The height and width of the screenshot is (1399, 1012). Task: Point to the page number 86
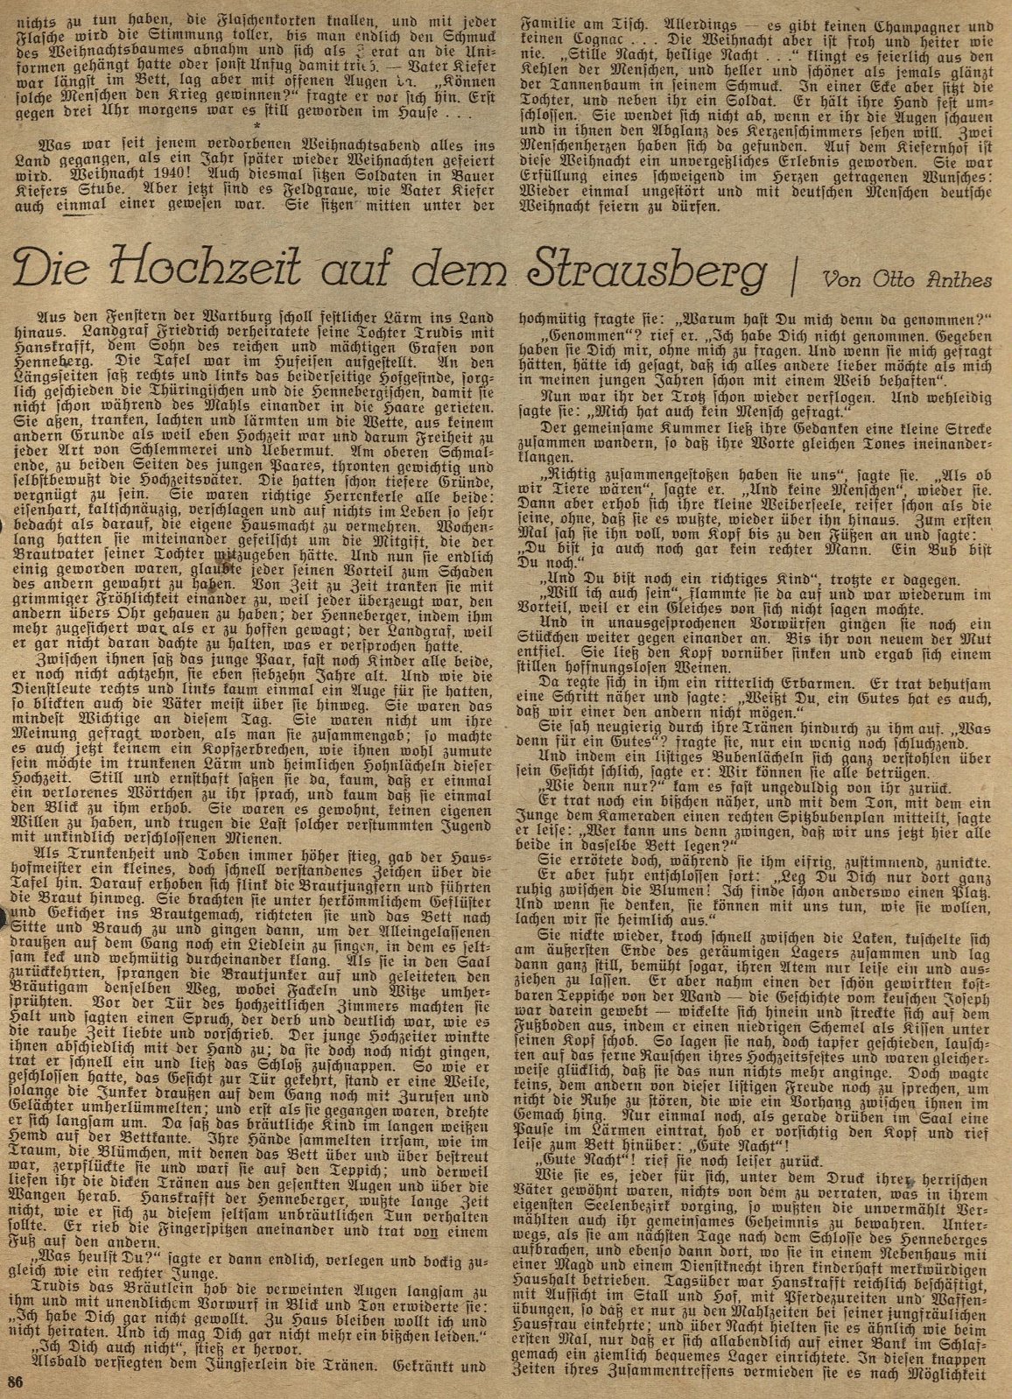(x=15, y=1381)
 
